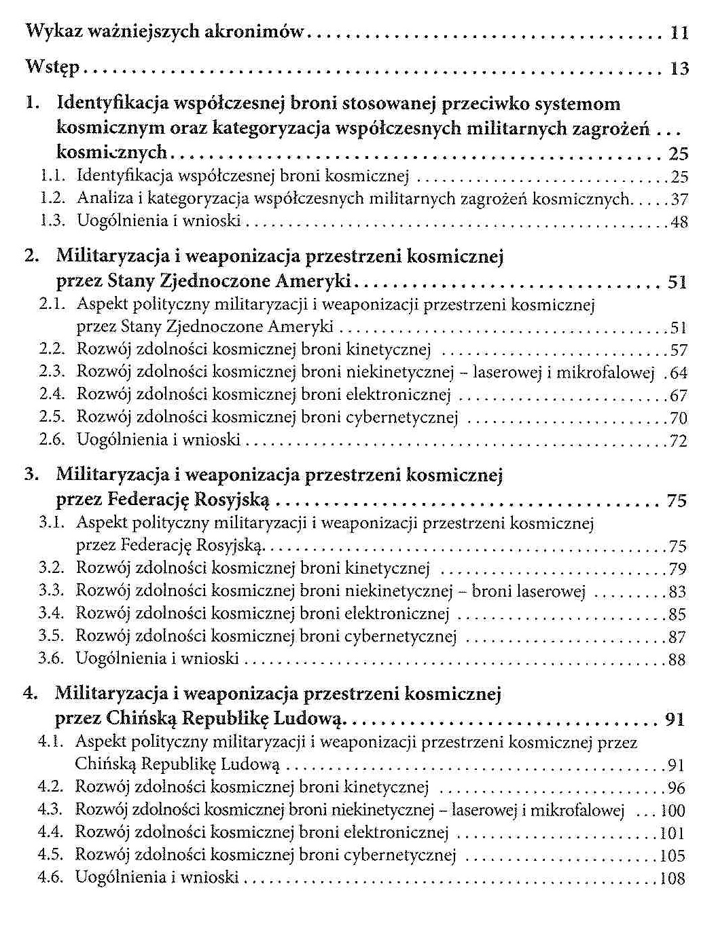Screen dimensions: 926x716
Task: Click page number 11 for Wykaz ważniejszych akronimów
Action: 679,32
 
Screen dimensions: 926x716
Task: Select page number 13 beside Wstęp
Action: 679,69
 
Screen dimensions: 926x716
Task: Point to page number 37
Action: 679,200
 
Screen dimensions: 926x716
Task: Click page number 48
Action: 679,222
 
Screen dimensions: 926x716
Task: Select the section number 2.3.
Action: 52,372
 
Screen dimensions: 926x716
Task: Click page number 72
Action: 679,441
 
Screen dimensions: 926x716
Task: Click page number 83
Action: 677,592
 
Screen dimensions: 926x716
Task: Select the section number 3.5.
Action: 51,636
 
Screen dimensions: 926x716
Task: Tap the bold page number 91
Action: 675,719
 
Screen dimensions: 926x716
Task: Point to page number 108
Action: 673,878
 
